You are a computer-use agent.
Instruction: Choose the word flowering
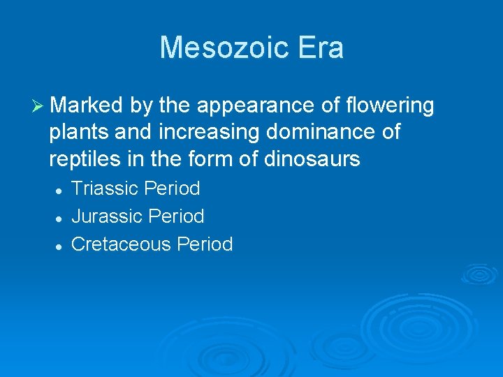pyautogui.click(x=390, y=105)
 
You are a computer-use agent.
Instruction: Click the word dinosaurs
pyautogui.click(x=312, y=159)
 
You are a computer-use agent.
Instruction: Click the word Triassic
pyautogui.click(x=105, y=188)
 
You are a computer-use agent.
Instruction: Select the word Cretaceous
pyautogui.click(x=122, y=244)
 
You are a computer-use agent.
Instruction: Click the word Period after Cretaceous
pyautogui.click(x=205, y=244)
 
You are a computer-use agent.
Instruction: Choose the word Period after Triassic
pyautogui.click(x=172, y=188)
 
